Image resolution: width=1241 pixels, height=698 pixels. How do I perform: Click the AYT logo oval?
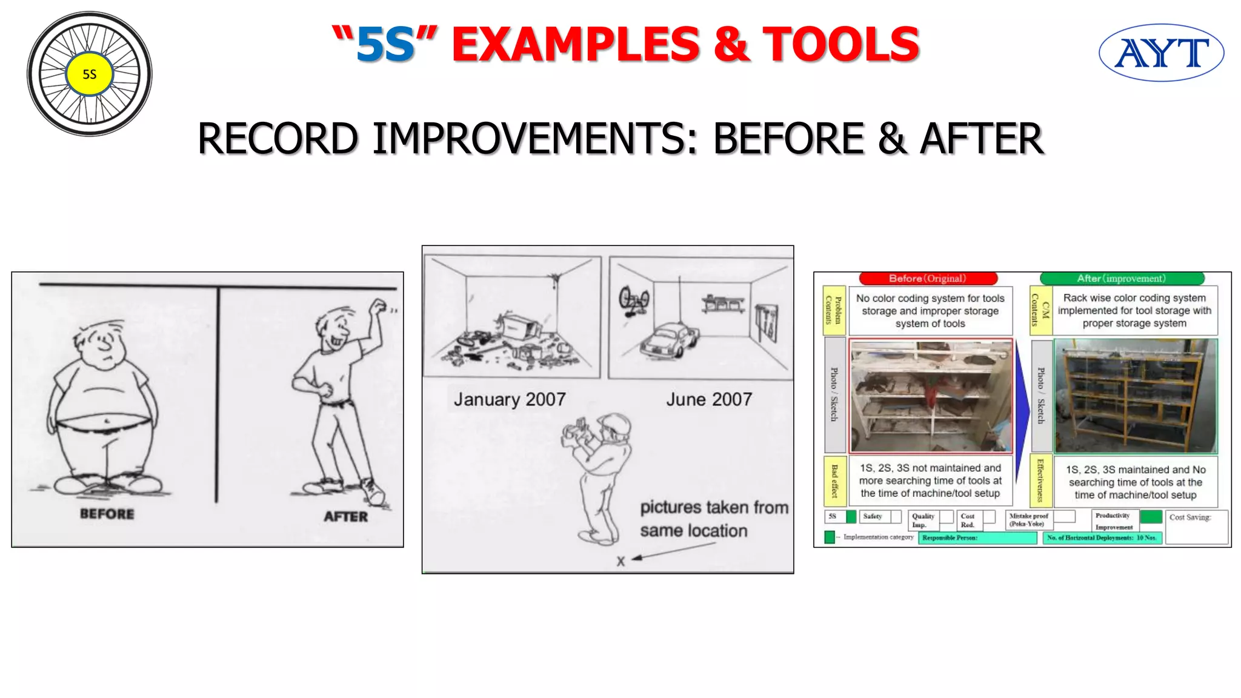(x=1161, y=53)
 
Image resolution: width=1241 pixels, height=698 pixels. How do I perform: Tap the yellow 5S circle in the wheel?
(x=89, y=74)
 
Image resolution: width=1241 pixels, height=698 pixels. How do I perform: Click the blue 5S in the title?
(x=385, y=45)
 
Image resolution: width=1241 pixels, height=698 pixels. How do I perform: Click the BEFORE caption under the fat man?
(x=107, y=514)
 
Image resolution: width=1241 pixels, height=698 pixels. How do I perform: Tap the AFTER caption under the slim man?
(x=345, y=516)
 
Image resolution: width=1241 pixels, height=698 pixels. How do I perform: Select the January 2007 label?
(x=510, y=399)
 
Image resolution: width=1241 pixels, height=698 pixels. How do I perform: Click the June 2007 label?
(x=709, y=399)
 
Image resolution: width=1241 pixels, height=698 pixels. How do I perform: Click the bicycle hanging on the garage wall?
(x=633, y=301)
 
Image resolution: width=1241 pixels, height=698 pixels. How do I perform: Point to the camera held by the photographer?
(x=576, y=431)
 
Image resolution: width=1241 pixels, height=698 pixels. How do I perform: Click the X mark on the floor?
(x=620, y=561)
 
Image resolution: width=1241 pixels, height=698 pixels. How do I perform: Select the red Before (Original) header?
(x=928, y=279)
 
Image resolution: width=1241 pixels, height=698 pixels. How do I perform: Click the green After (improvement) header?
(x=1122, y=279)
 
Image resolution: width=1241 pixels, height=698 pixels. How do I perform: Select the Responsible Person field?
(x=977, y=537)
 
